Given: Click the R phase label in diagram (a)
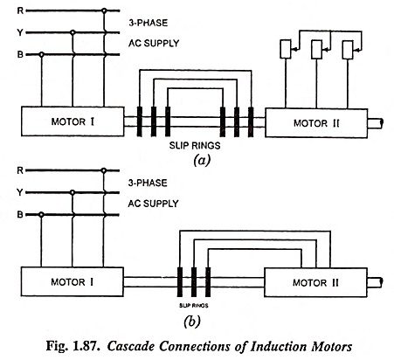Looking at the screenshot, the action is coord(20,10).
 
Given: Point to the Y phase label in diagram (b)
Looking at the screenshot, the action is coord(20,192).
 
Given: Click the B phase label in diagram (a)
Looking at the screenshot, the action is coord(20,54).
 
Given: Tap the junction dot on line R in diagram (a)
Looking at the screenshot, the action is coord(104,10).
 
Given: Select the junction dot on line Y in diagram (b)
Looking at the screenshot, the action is coord(73,192).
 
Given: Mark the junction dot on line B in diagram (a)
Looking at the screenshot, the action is coord(41,54).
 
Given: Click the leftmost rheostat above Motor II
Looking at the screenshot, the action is coord(286,49).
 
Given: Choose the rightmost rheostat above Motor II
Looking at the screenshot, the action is coord(348,50).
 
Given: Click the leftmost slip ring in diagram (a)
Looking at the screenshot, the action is coord(140,121).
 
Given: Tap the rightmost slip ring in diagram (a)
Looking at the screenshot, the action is coord(251,122).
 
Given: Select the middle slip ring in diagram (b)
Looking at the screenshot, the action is coord(194,282).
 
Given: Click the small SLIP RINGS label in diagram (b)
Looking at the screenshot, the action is coord(193,306).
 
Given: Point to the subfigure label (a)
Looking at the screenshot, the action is coord(202,160).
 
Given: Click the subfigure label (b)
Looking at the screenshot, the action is coord(192,322).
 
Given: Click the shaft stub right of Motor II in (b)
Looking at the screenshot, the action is coord(375,282).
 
